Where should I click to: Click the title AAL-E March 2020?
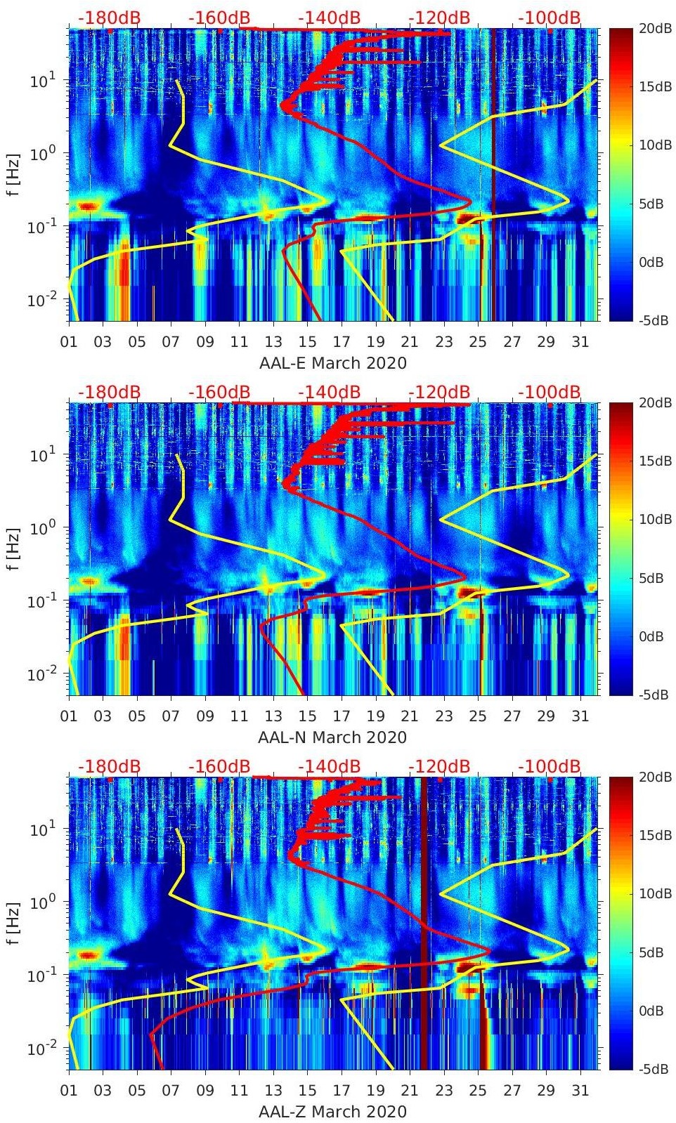[x=332, y=363]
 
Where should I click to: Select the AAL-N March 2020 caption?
[x=332, y=737]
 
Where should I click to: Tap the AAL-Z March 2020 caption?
[x=332, y=1112]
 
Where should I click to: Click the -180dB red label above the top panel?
[x=109, y=18]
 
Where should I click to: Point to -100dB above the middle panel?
[x=550, y=392]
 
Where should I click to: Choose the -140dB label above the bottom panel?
[x=329, y=766]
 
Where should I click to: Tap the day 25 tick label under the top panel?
[x=478, y=342]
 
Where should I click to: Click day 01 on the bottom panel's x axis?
[x=70, y=1091]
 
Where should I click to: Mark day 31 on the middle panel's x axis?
[x=580, y=716]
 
